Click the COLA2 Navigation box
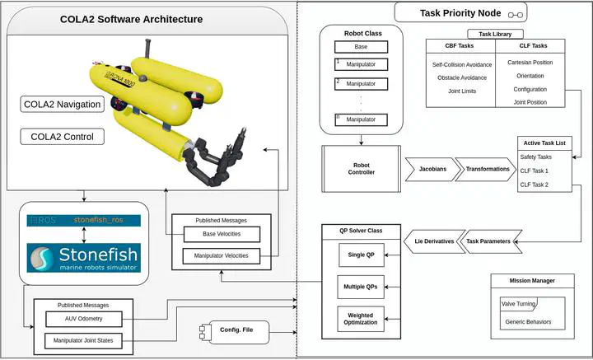(63, 104)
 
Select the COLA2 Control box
(63, 136)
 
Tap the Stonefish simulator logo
(82, 255)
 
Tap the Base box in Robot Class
(361, 47)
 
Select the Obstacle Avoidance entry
(461, 77)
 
